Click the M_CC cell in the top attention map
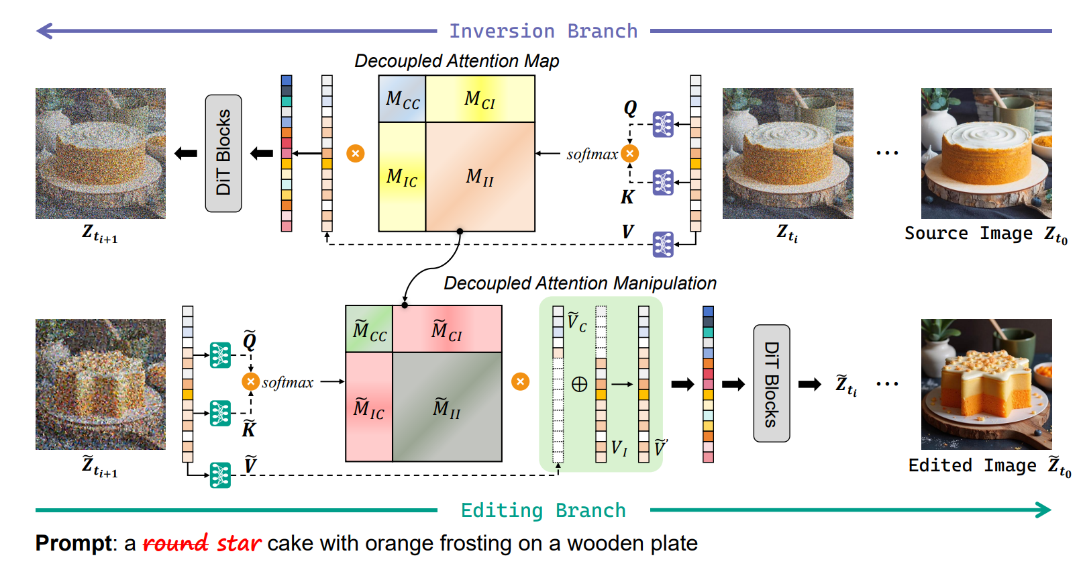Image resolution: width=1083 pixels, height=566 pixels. pos(402,99)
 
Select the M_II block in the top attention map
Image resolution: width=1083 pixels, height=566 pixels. pos(480,177)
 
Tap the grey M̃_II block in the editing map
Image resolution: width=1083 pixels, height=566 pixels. pos(447,407)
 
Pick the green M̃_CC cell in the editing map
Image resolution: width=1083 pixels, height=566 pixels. pos(369,329)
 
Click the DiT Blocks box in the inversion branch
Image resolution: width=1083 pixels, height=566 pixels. pos(223,153)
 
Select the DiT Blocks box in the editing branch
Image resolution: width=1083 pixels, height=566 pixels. pos(772,383)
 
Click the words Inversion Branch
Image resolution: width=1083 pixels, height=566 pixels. pos(543,31)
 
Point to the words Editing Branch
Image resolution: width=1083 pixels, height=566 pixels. pos(543,510)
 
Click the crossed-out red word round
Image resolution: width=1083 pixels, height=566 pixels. pos(176,543)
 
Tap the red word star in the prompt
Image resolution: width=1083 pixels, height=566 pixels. pos(238,543)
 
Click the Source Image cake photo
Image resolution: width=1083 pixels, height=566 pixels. pos(986,153)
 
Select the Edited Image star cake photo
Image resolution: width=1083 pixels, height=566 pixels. pos(986,384)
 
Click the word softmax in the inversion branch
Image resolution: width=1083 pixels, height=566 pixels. pos(592,154)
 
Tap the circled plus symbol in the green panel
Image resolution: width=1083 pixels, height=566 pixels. pos(579,384)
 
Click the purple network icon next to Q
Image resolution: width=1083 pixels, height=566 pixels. pos(663,124)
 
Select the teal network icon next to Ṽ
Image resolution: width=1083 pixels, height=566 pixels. pos(220,475)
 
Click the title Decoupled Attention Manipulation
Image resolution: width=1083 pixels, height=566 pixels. pos(580,283)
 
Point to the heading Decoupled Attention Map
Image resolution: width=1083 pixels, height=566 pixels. pos(456,61)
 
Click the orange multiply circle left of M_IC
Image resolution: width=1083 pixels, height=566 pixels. pos(356,154)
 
